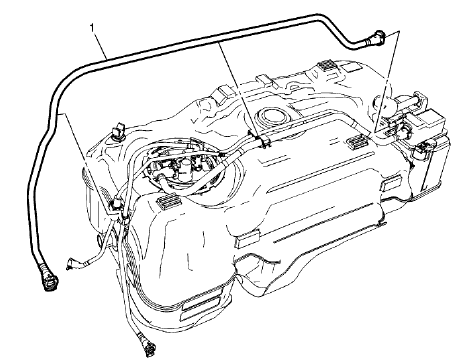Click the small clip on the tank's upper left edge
[x=119, y=130]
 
